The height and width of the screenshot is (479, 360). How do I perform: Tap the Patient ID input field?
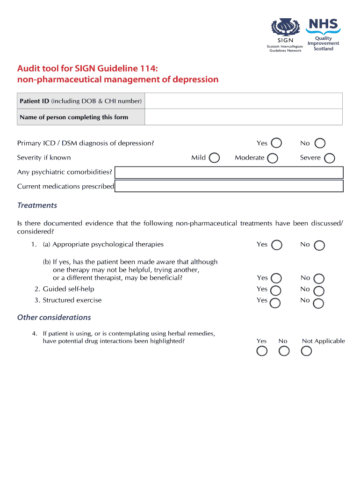(x=243, y=101)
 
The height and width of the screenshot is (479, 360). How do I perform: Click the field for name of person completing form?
(x=243, y=117)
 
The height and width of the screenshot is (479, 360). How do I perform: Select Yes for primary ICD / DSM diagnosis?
(x=276, y=143)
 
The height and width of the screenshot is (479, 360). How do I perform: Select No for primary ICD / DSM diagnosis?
(x=320, y=143)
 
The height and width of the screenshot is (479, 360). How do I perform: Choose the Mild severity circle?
(x=214, y=158)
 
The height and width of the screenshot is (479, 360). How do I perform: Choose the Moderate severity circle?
(x=273, y=158)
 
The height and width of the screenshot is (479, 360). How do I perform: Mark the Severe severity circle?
(x=329, y=158)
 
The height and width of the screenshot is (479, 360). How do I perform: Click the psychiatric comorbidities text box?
(x=229, y=173)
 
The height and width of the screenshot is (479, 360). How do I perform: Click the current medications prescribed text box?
(x=229, y=186)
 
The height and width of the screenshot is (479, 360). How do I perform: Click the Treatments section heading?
(x=37, y=205)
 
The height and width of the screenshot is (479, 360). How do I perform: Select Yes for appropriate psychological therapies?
(x=276, y=245)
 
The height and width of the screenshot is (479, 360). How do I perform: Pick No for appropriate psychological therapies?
(x=320, y=245)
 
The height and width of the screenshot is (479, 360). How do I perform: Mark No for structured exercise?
(x=318, y=303)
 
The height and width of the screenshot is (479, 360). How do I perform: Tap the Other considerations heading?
(x=54, y=317)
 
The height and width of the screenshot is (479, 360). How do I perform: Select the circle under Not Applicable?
(x=306, y=351)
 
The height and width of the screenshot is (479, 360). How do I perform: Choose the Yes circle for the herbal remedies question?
(x=262, y=351)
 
